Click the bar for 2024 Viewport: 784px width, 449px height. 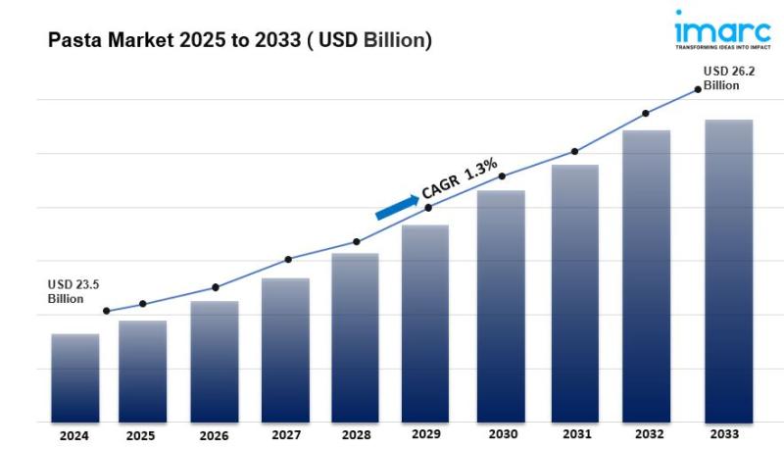click(75, 377)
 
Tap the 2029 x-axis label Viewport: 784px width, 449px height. click(426, 434)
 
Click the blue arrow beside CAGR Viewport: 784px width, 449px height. click(396, 206)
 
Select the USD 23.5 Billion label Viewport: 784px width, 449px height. click(73, 291)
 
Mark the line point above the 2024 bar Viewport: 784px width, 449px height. click(106, 312)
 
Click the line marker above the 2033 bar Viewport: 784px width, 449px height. click(698, 89)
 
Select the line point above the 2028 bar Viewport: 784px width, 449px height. click(356, 241)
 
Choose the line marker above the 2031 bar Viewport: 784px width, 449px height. click(575, 152)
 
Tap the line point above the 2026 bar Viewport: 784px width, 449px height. click(216, 287)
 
